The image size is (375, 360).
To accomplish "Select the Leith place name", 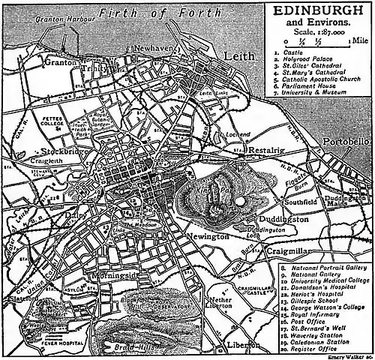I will [240, 55].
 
